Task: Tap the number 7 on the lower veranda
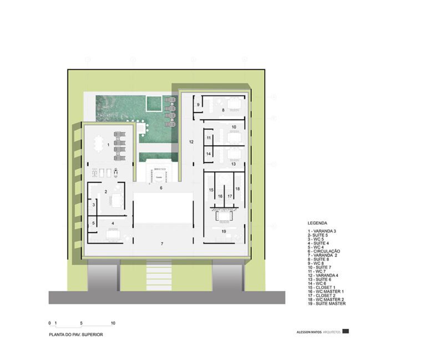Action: tap(162, 244)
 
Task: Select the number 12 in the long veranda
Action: tap(191, 143)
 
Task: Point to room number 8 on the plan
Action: tap(223, 110)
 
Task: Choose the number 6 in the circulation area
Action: tap(161, 189)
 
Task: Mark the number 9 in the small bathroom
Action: tap(197, 104)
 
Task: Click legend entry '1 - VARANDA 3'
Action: tap(322, 230)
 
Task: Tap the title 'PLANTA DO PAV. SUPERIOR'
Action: tap(75, 335)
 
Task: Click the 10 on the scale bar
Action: tap(113, 323)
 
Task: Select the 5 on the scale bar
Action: tap(81, 323)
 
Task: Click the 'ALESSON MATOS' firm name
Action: tap(309, 333)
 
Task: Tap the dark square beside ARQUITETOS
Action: tap(346, 332)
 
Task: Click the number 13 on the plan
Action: tap(234, 164)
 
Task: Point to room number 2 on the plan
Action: tap(105, 192)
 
